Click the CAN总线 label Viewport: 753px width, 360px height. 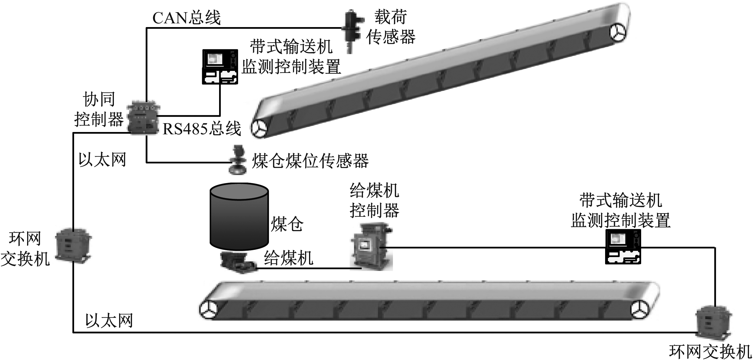(187, 18)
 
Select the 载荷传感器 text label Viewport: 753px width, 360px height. (391, 27)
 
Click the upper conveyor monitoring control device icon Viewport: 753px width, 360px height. (220, 67)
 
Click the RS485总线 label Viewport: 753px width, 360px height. (202, 129)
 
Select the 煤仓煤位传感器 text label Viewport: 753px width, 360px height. (310, 161)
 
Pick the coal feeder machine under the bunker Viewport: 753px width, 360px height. (238, 262)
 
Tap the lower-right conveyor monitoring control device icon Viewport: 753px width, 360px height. (623, 247)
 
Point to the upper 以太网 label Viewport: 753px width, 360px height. (102, 160)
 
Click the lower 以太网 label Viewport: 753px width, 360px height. (109, 321)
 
